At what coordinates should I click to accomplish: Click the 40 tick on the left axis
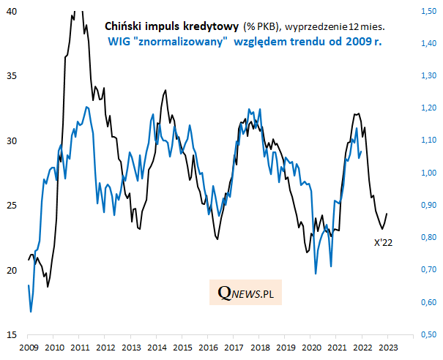pyautogui.click(x=12, y=12)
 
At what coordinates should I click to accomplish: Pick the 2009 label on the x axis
pyautogui.click(x=29, y=348)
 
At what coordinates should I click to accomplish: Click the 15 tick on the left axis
pyautogui.click(x=12, y=334)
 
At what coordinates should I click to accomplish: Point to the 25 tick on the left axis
pyautogui.click(x=12, y=206)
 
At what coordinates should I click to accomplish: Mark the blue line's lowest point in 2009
pyautogui.click(x=31, y=312)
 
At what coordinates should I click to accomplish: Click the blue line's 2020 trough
pyautogui.click(x=316, y=274)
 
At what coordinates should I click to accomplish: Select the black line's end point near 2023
pyautogui.click(x=387, y=214)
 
